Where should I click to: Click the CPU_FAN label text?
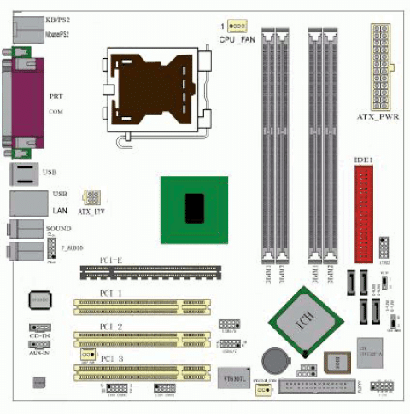point(237,39)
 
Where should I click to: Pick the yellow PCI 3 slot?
point(141,369)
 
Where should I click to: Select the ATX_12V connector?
point(91,198)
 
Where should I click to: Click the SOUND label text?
point(58,230)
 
